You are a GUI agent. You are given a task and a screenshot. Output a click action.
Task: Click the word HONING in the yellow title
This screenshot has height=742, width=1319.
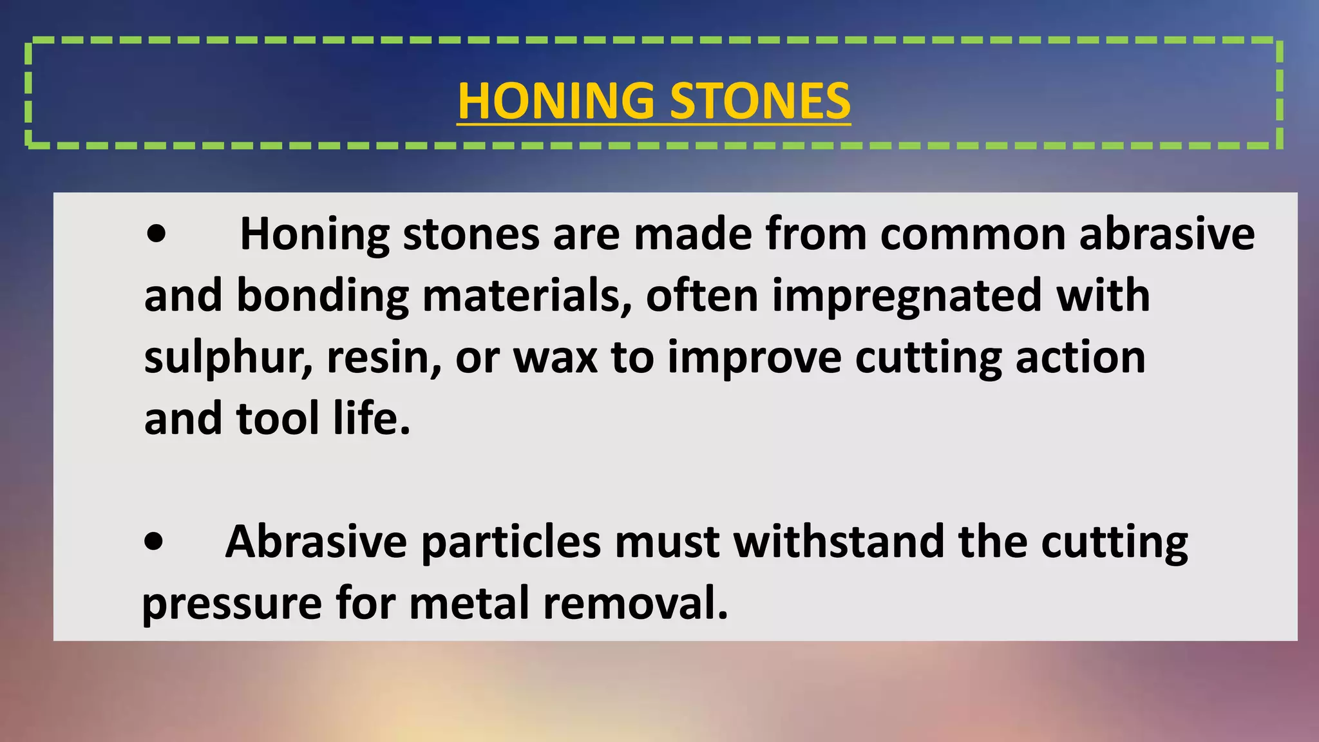click(x=555, y=101)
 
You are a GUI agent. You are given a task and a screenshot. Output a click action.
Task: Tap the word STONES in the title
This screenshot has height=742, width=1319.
click(x=760, y=101)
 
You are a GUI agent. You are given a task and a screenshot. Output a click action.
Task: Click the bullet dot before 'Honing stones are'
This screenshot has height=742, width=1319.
click(x=156, y=234)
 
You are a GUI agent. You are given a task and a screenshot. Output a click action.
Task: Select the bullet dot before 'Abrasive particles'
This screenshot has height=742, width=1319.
click(x=154, y=542)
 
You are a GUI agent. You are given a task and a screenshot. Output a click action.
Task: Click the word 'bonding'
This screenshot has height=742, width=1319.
click(x=323, y=296)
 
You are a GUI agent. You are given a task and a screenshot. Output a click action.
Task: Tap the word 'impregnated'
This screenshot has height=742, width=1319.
click(x=907, y=296)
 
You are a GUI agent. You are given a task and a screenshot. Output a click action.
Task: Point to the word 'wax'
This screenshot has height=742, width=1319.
click(x=555, y=358)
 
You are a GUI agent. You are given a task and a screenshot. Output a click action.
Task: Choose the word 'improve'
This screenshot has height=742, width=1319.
click(x=754, y=358)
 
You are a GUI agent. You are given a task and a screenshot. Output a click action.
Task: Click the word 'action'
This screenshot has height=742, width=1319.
click(x=1081, y=358)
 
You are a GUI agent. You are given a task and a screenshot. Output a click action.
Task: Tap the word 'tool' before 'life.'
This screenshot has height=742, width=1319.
click(x=278, y=419)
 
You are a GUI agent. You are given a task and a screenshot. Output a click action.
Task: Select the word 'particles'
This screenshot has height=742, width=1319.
click(x=511, y=542)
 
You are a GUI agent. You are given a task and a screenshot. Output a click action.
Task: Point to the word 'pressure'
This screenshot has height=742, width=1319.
click(x=232, y=604)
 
